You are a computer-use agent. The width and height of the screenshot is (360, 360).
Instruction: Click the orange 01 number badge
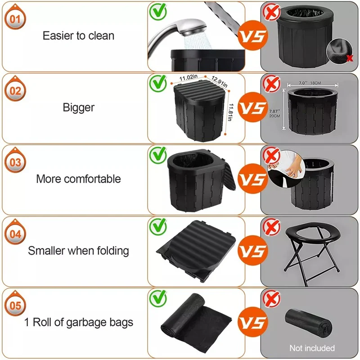[15, 19]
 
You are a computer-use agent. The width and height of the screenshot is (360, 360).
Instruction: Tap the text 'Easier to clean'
[78, 36]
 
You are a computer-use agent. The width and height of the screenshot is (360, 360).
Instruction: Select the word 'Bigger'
[78, 108]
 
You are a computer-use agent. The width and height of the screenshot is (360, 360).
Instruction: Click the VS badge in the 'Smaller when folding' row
[252, 251]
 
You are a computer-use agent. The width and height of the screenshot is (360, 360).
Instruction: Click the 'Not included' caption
[312, 348]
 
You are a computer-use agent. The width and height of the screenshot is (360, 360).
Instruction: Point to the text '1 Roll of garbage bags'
[79, 322]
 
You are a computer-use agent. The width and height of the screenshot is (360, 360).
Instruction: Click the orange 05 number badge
[15, 306]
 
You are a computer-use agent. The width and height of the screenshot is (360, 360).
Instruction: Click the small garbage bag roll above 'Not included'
[310, 322]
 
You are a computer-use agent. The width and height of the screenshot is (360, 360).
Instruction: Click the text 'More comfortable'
[78, 179]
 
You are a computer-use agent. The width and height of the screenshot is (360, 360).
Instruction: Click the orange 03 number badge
[15, 162]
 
